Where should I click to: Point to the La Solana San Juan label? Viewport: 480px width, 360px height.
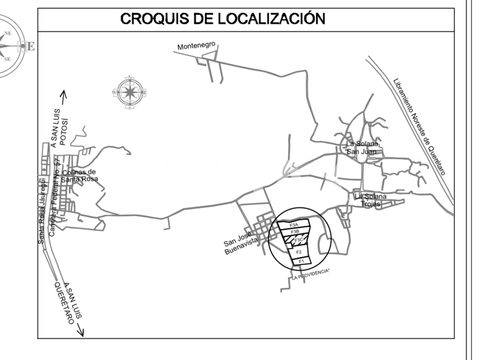[363, 147]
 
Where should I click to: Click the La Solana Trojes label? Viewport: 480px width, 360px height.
[371, 201]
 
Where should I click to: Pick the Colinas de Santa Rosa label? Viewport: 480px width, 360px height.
[79, 175]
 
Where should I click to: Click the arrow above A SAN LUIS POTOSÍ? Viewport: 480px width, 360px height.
[64, 97]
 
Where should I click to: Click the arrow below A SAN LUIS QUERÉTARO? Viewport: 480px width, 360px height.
[80, 330]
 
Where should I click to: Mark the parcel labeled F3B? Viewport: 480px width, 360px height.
[295, 232]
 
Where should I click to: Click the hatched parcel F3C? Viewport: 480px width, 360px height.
[298, 240]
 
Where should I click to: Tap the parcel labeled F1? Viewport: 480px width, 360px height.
[301, 261]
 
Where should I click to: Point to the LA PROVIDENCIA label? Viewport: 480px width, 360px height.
[311, 274]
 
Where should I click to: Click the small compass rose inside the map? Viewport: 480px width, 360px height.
[130, 91]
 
